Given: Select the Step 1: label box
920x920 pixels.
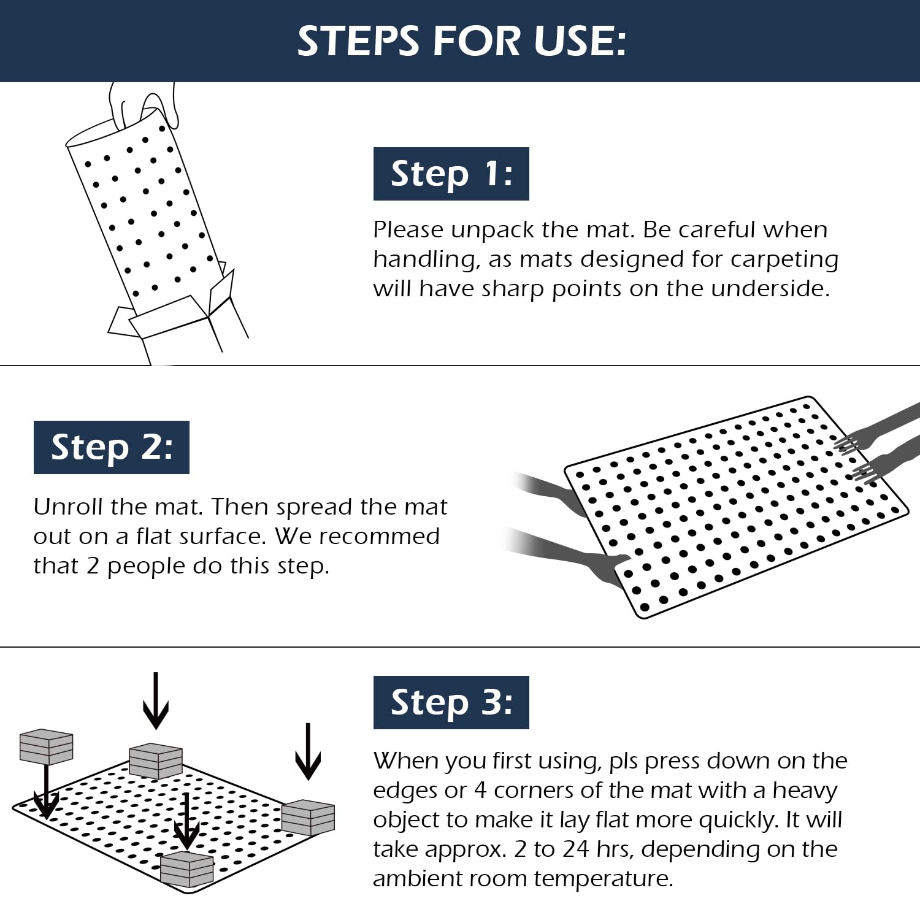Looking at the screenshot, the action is pos(451,174).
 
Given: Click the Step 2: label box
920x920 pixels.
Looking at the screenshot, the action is pos(111,447).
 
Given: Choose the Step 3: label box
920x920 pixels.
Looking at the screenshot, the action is pos(451,702).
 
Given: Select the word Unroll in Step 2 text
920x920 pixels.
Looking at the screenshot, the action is pos(68,507).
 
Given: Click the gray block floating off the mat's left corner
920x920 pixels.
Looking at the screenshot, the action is pos(47,746).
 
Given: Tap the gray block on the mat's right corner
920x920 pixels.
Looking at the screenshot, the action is pos(308,818).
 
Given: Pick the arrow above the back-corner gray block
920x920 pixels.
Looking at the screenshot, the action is pos(156,700).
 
